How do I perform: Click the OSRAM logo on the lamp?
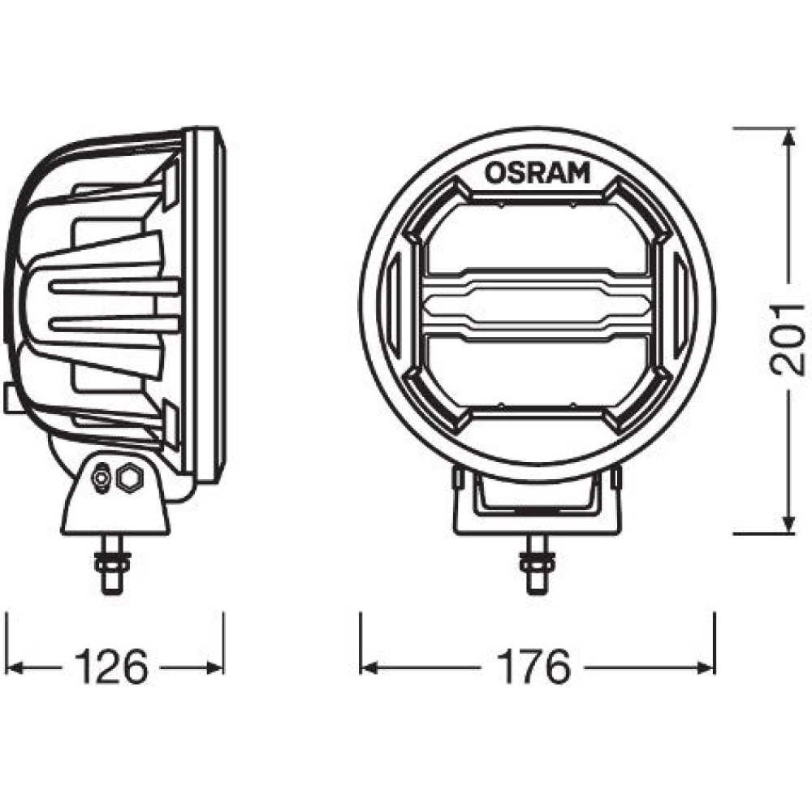[538, 172]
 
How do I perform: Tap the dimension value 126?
[111, 667]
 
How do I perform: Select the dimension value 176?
[533, 667]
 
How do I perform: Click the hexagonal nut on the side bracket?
[129, 477]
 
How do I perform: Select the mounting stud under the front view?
[537, 564]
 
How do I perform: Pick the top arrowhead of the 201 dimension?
[788, 139]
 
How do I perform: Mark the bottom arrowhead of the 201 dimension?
[788, 522]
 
